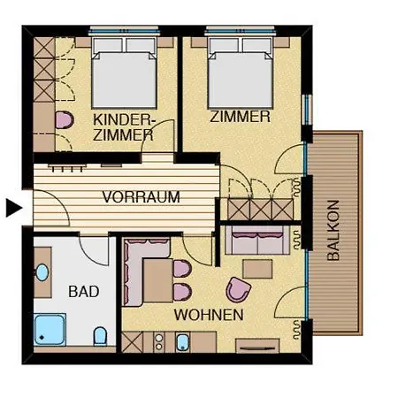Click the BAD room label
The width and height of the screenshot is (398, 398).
[84, 291]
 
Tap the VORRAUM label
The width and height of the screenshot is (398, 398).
[141, 197]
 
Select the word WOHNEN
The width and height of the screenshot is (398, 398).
[209, 315]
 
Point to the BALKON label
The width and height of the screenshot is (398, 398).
[333, 230]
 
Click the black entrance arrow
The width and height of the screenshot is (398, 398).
[14, 208]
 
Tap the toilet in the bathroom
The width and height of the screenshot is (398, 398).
[100, 336]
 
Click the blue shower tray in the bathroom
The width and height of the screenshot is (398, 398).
[50, 329]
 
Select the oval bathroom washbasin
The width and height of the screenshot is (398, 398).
[42, 272]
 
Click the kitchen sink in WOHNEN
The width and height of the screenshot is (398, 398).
[182, 342]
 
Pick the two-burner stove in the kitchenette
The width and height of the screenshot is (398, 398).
[159, 342]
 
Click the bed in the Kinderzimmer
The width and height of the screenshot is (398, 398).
[124, 73]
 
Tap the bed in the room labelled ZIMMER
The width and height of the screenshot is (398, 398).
[240, 73]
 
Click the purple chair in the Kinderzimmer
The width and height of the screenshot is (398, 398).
[65, 120]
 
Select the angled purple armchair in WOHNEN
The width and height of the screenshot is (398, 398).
[238, 289]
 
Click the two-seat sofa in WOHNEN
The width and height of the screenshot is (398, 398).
[257, 241]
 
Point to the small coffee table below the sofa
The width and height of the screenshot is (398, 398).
[257, 269]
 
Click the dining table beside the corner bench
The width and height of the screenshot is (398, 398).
[157, 280]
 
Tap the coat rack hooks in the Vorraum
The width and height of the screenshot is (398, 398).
[67, 168]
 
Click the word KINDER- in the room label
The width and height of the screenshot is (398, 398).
[125, 120]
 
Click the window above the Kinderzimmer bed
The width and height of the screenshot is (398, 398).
[124, 31]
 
